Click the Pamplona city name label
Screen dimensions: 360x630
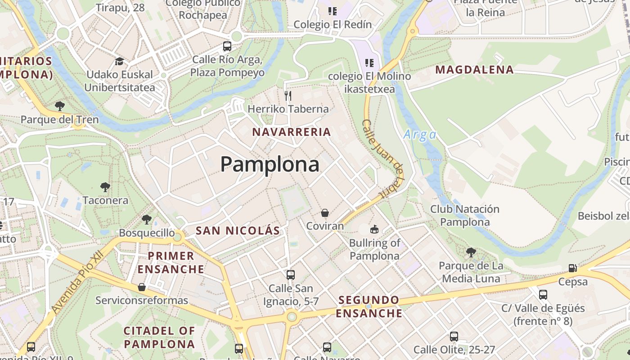270,164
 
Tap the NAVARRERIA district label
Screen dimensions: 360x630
292,132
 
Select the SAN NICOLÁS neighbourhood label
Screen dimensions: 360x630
238,231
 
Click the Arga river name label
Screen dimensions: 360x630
420,135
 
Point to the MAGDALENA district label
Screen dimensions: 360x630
474,70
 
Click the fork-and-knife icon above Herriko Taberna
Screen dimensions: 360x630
288,95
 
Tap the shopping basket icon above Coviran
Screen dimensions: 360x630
325,213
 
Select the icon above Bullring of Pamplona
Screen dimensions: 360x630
374,229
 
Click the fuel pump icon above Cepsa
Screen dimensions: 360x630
572,268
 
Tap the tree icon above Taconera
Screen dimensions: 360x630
105,187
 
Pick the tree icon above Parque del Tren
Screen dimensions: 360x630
59,106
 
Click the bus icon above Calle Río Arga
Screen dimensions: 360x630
227,46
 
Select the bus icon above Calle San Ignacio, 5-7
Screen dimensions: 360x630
291,274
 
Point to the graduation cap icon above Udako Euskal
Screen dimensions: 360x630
119,61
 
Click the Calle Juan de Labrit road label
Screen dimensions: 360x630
383,159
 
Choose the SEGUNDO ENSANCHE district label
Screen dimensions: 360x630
369,306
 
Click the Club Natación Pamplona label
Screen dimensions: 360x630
465,216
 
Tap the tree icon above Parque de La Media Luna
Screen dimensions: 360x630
471,252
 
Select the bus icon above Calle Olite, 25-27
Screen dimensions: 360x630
454,336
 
